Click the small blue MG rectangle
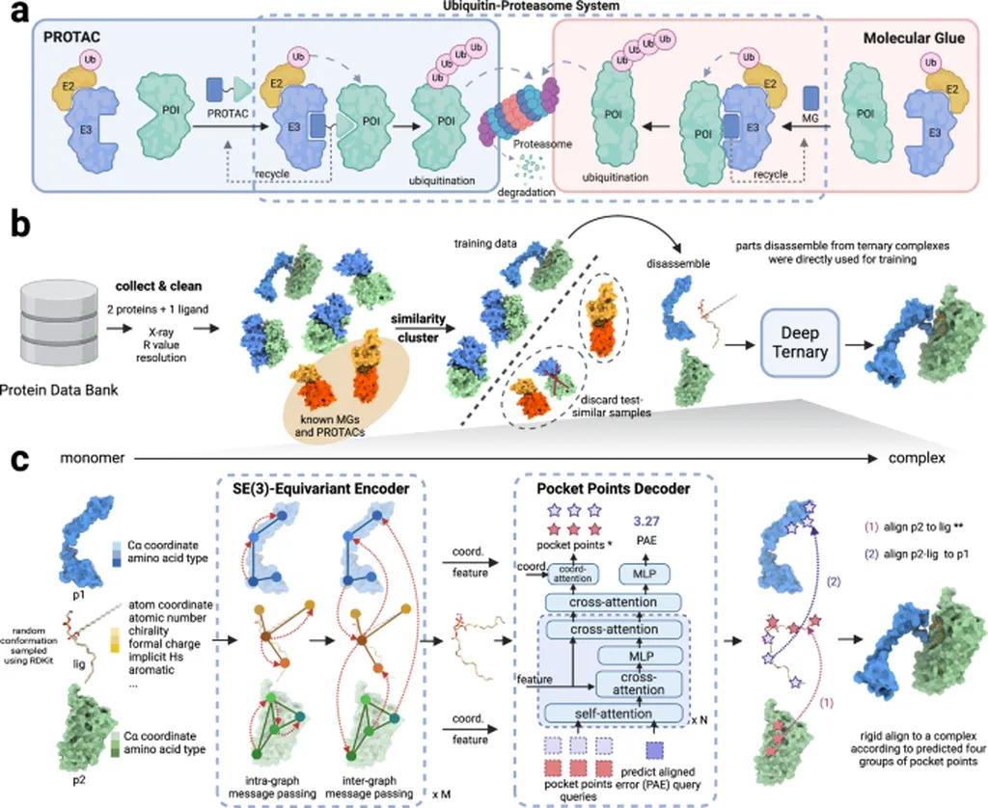(x=811, y=97)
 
